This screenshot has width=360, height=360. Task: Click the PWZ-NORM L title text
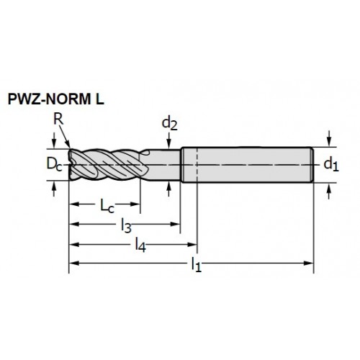click(56, 99)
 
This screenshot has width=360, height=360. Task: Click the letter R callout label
click(58, 119)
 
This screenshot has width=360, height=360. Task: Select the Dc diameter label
click(54, 164)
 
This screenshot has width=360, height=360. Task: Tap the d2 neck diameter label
click(170, 124)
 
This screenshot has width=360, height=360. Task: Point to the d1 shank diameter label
click(331, 165)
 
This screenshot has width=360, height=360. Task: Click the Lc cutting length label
click(107, 206)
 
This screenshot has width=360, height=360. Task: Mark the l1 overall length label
click(196, 265)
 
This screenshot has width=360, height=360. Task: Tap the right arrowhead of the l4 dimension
click(192, 245)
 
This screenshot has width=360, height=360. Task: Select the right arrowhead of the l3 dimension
click(176, 224)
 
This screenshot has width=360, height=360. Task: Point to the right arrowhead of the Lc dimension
click(135, 204)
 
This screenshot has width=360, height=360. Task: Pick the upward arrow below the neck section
click(169, 189)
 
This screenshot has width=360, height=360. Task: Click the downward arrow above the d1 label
click(330, 139)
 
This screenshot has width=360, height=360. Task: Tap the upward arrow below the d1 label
click(330, 191)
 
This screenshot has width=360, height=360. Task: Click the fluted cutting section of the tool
click(108, 165)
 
